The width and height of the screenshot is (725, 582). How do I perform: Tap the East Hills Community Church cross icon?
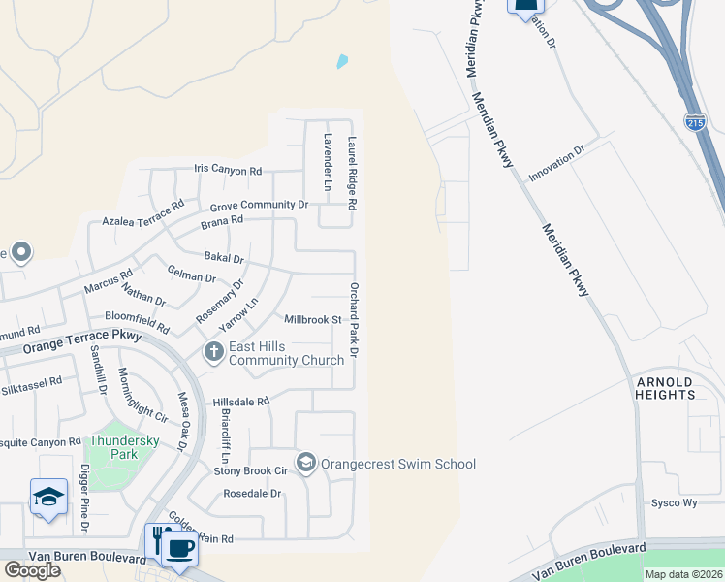click(213, 352)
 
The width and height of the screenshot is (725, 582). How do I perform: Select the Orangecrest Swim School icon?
click(306, 462)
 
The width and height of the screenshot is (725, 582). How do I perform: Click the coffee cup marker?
click(178, 549)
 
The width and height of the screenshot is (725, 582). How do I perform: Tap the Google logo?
click(32, 569)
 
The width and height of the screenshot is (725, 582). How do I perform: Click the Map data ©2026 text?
click(683, 574)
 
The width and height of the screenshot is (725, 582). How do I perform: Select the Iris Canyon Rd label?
click(228, 171)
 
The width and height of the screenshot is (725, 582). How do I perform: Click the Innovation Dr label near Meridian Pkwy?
click(557, 164)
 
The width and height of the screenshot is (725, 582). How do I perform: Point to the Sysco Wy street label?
click(675, 503)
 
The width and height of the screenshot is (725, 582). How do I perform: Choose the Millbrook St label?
click(312, 319)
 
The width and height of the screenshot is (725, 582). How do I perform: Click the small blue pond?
click(342, 62)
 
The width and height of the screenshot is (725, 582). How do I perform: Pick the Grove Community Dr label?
click(259, 205)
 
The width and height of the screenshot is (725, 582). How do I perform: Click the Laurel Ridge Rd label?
click(354, 174)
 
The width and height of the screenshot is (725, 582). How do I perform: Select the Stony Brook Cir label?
click(251, 471)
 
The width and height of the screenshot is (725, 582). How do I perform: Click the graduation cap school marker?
click(48, 499)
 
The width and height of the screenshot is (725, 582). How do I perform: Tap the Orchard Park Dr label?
click(354, 319)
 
